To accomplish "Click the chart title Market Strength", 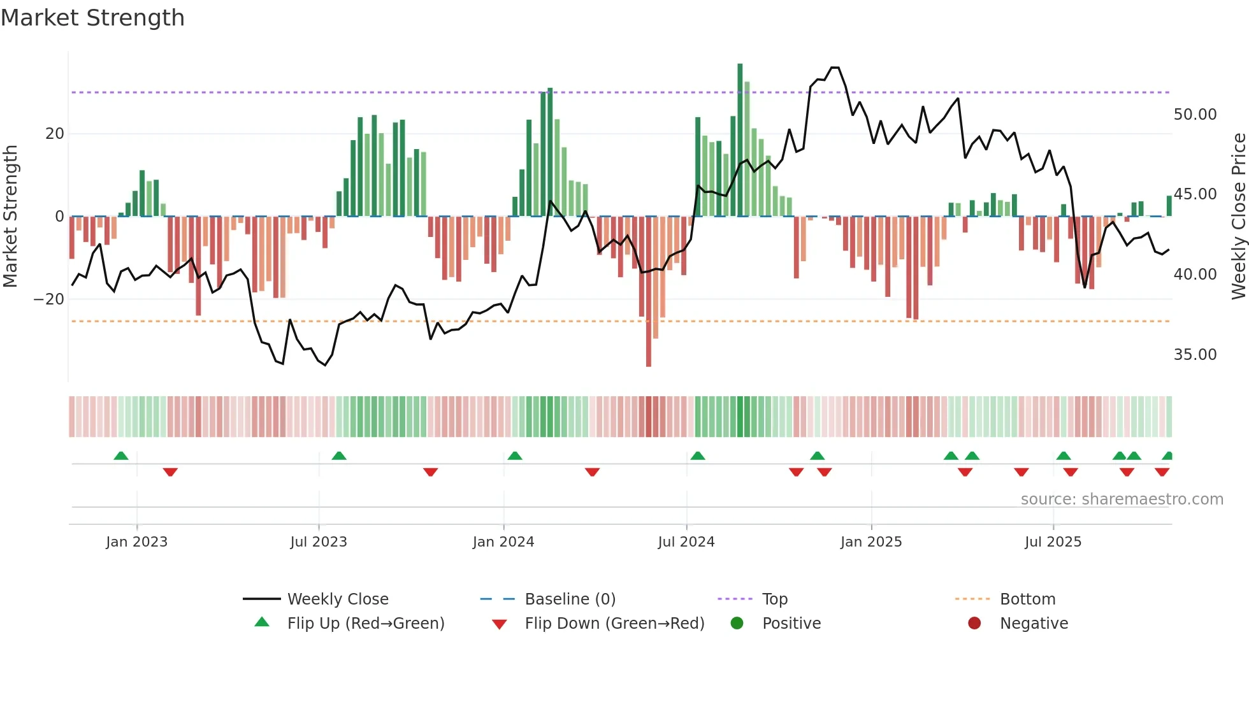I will tap(92, 18).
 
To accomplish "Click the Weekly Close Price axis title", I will tap(1238, 216).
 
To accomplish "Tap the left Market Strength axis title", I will tap(10, 216).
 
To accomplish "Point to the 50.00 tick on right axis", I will tap(1195, 115).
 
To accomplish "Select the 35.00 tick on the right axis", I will tap(1195, 355).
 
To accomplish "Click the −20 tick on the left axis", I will tap(49, 299).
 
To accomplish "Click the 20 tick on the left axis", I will tap(55, 134).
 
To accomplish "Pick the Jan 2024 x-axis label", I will tap(503, 542).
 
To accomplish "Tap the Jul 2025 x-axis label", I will tap(1053, 542).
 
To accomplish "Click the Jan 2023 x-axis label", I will tap(136, 542).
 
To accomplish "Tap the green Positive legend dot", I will tap(737, 624).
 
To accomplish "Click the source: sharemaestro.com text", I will tap(1122, 499).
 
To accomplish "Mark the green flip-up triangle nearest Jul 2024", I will tap(698, 455).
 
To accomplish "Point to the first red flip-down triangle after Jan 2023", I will tap(170, 472).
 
